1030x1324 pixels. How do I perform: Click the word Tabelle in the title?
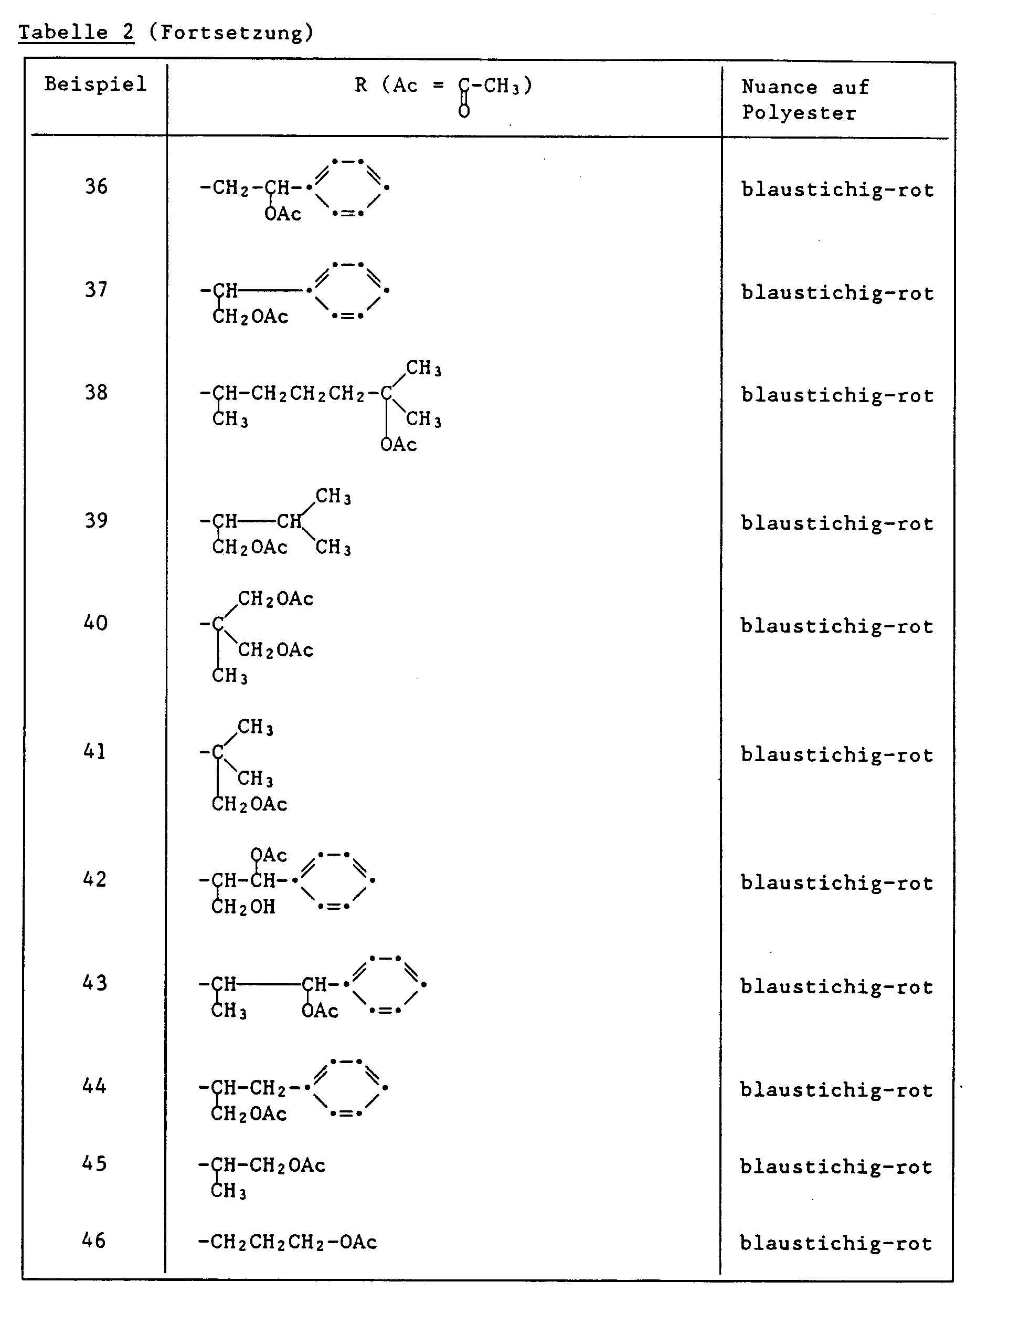tap(62, 31)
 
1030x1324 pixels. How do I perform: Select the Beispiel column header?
tap(95, 83)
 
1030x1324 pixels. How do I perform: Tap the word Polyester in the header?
tap(799, 113)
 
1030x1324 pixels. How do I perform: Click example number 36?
tap(95, 186)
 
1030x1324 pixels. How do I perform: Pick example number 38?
tap(95, 392)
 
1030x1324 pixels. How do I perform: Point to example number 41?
tap(94, 752)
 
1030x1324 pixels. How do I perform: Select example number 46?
tap(94, 1241)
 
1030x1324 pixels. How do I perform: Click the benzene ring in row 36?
tap(348, 187)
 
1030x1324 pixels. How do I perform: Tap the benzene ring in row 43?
tap(385, 984)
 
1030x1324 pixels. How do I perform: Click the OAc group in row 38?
tap(399, 445)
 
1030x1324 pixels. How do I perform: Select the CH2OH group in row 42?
tap(243, 907)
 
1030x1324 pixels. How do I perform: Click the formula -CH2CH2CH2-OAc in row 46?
tap(288, 1242)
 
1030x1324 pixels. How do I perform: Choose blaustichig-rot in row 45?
tap(836, 1167)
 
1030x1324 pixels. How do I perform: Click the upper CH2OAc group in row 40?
tap(275, 599)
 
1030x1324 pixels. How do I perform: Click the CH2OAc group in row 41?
tap(250, 804)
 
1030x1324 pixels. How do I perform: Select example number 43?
tap(94, 983)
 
